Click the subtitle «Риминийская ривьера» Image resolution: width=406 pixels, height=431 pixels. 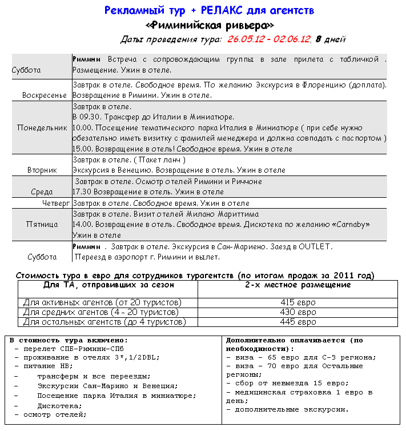coord(210,25)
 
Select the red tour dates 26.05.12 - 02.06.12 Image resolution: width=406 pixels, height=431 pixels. coord(268,39)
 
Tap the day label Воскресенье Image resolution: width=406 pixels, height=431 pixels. coord(45,95)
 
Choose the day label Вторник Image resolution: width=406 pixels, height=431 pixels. coord(42,170)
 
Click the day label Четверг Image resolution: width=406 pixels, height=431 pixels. coord(55,203)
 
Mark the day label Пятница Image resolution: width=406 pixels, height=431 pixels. coord(42,225)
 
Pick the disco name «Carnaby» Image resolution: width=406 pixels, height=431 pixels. coord(349,225)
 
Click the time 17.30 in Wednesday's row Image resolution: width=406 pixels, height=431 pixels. coord(82,192)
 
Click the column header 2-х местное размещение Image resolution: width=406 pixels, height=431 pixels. coord(298,285)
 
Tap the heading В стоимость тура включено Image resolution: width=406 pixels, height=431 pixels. coord(69,341)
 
